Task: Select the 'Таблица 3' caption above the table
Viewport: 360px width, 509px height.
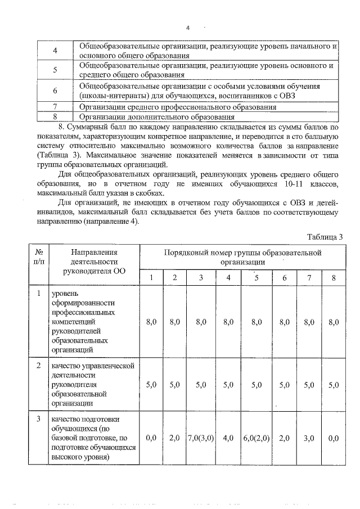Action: click(x=325, y=236)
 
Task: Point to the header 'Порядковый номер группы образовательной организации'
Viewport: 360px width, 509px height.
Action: click(x=242, y=257)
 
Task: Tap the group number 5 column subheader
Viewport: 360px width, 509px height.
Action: click(x=256, y=278)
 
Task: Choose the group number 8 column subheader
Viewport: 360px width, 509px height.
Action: click(x=334, y=278)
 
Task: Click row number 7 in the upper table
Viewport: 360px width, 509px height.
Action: click(x=55, y=107)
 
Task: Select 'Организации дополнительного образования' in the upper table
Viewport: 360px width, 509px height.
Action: click(x=157, y=117)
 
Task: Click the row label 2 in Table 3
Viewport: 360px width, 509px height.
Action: click(x=38, y=366)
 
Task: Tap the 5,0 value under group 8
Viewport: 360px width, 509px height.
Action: click(x=334, y=385)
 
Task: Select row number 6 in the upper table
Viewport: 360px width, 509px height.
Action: click(x=55, y=91)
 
